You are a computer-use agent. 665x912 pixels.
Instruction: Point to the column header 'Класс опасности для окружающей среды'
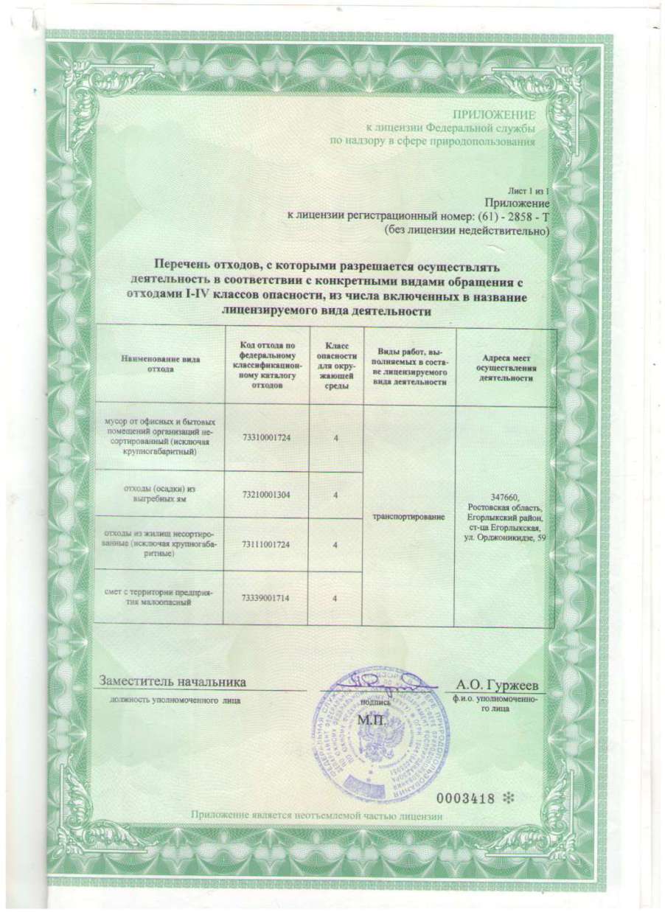[x=336, y=366]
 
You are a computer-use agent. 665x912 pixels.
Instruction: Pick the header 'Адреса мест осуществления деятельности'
[x=505, y=366]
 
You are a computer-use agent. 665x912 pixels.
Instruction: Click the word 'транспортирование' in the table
[x=409, y=518]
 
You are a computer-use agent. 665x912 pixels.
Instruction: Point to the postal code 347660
[x=505, y=497]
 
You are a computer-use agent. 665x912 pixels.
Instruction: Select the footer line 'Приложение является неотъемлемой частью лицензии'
[x=316, y=815]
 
